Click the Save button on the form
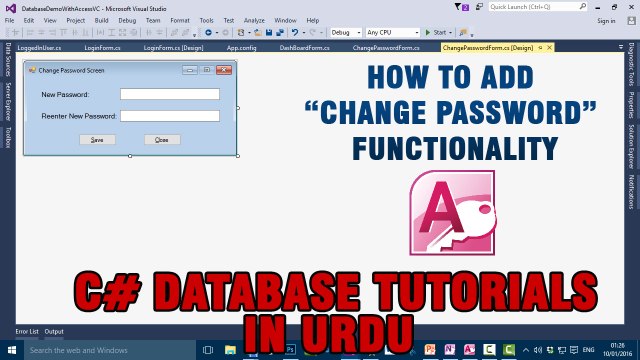97,139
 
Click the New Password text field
169,95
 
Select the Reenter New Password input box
169,116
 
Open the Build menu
101,20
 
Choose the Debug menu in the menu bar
127,20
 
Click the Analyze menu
254,20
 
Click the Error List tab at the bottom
26,331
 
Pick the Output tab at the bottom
54,331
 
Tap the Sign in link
606,20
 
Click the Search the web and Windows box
100,351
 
